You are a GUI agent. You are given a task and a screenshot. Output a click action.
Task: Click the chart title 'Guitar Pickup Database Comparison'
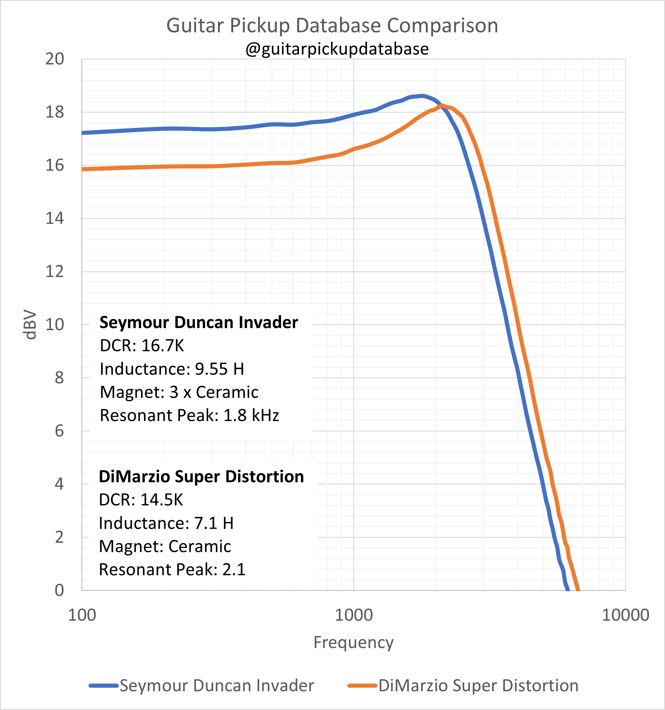pyautogui.click(x=332, y=26)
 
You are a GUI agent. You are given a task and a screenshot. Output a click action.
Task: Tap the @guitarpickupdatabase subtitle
pyautogui.click(x=337, y=49)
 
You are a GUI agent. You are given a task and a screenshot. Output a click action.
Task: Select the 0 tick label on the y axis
pyautogui.click(x=59, y=590)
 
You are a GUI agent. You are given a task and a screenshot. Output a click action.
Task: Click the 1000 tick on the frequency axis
pyautogui.click(x=353, y=615)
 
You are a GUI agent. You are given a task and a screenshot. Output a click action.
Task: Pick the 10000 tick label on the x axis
pyautogui.click(x=625, y=615)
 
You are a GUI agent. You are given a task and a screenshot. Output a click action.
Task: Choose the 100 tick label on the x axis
pyautogui.click(x=82, y=615)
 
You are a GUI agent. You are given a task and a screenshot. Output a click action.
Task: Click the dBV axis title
pyautogui.click(x=29, y=325)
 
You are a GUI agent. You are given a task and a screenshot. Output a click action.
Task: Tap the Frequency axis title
pyautogui.click(x=353, y=643)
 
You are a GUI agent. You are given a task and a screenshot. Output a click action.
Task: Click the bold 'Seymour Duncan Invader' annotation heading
pyautogui.click(x=199, y=323)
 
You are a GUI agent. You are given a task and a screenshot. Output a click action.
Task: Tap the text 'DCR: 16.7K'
pyautogui.click(x=142, y=346)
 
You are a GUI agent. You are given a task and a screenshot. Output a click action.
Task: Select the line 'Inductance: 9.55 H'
pyautogui.click(x=172, y=369)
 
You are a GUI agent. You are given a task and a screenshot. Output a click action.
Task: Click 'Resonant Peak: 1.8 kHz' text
pyautogui.click(x=189, y=415)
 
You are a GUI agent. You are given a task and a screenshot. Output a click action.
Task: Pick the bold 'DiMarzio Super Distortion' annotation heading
pyautogui.click(x=201, y=477)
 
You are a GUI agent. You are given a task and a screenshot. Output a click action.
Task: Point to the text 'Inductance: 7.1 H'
pyautogui.click(x=166, y=523)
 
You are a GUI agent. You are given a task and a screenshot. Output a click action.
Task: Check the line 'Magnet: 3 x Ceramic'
pyautogui.click(x=179, y=392)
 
